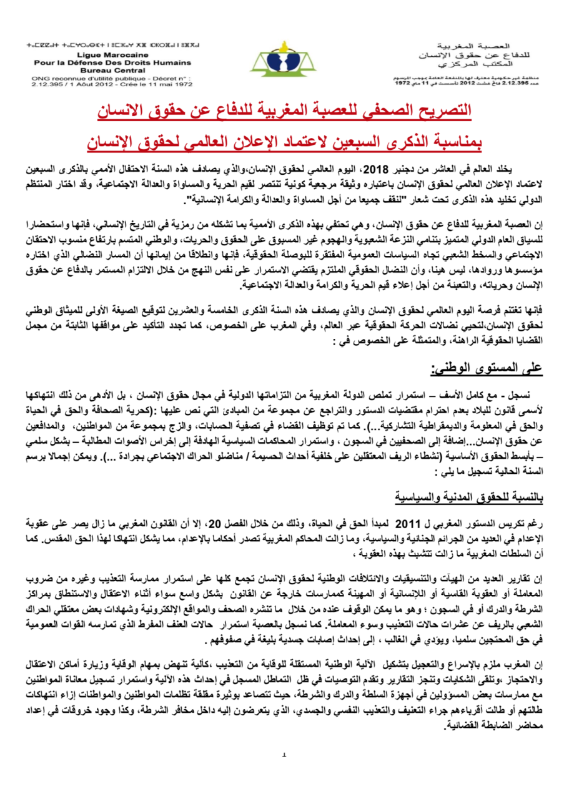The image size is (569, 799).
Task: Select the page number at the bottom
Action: [x=284, y=772]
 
